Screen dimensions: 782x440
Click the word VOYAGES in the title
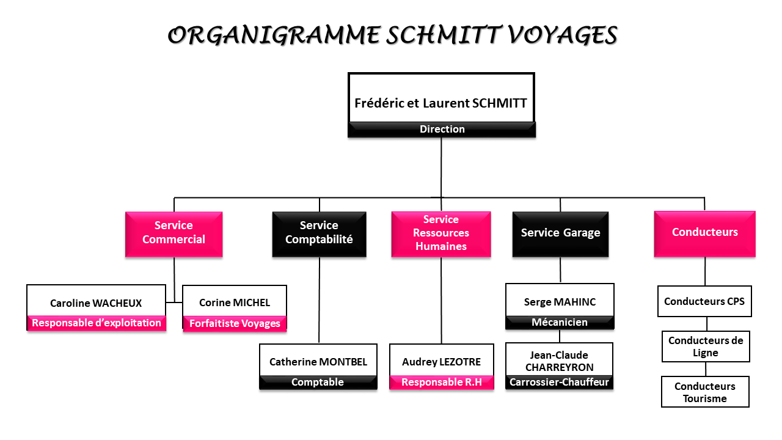[x=562, y=35]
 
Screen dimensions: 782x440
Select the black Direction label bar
[x=442, y=129]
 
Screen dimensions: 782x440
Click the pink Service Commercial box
[x=174, y=234]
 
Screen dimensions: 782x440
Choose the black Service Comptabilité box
[x=319, y=234]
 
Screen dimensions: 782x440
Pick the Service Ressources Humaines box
[x=441, y=234]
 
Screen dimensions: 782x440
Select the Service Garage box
[x=560, y=234]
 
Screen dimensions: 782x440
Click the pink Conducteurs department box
[x=704, y=234]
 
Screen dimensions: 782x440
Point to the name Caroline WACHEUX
[x=96, y=303]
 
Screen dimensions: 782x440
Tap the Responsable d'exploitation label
[x=97, y=323]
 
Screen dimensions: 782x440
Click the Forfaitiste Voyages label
[x=235, y=323]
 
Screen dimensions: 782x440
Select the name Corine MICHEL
[x=235, y=302]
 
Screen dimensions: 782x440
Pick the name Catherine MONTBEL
[x=318, y=362]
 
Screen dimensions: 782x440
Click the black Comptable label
[x=318, y=382]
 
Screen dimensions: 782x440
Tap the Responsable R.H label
[x=442, y=382]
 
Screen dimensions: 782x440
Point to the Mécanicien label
[x=560, y=322]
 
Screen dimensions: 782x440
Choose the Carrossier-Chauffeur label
[x=559, y=382]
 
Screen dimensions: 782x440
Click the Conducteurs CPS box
[x=704, y=301]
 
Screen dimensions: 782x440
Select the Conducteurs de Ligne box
[x=706, y=346]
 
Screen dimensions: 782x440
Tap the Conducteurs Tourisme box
[x=705, y=392]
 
